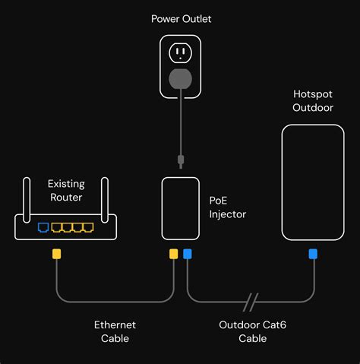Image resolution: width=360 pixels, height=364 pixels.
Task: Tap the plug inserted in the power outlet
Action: click(180, 78)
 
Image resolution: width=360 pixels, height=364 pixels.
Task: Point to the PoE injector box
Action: click(181, 208)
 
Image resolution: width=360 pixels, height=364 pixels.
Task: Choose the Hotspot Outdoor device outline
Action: click(312, 182)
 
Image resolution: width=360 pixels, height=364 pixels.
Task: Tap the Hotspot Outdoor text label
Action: click(312, 100)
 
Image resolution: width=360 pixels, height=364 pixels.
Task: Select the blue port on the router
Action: click(43, 226)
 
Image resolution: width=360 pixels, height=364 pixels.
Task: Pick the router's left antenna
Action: click(26, 196)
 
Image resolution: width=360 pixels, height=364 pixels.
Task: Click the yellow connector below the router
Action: click(56, 254)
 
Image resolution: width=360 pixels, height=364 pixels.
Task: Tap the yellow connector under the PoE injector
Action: click(174, 254)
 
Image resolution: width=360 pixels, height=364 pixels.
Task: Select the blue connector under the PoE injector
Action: click(188, 254)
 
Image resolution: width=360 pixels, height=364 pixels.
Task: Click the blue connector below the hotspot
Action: click(312, 254)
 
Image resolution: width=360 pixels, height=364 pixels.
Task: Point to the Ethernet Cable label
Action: click(115, 331)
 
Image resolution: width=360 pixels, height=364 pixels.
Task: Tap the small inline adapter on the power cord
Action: click(180, 160)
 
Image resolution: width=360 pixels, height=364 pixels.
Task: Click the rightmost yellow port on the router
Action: click(88, 226)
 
